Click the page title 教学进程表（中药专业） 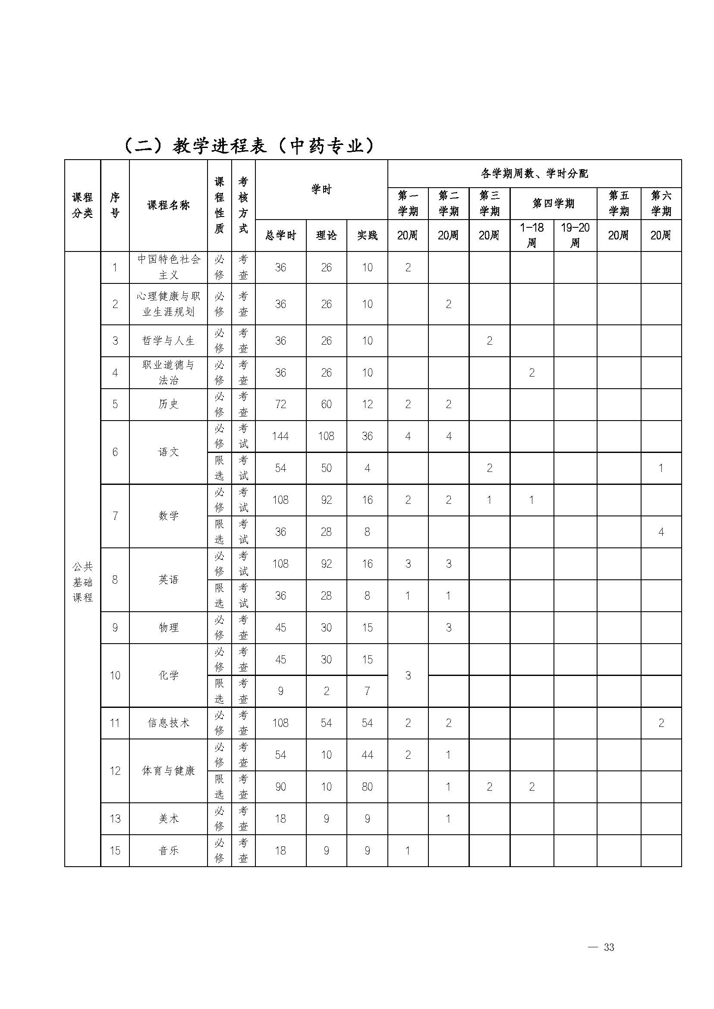pos(249,146)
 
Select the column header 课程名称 pos(168,205)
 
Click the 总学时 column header pos(280,236)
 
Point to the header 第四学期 pos(553,204)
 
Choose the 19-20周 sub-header pos(575,235)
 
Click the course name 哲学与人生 pos(168,341)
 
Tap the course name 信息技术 pos(168,723)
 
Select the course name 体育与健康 pos(168,771)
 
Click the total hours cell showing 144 pos(280,436)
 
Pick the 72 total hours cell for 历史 pos(280,404)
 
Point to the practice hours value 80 pos(367,786)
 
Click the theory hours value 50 pos(326,468)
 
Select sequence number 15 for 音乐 pos(115,850)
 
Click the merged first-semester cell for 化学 pos(408,675)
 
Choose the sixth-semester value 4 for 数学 pos(661,532)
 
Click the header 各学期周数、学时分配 pos(534,174)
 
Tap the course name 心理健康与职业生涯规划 pos(168,304)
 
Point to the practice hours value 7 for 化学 pos(367,691)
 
